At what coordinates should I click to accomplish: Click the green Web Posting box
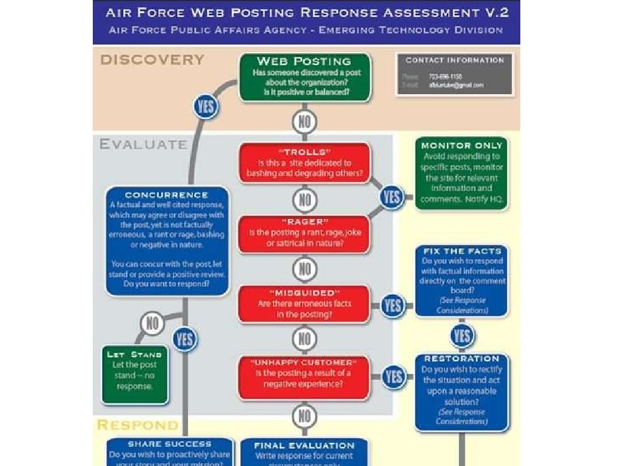tap(304, 77)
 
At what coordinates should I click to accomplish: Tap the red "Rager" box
tap(304, 234)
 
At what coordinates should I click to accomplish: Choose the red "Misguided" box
tap(304, 303)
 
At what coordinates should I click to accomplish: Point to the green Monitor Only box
tap(462, 173)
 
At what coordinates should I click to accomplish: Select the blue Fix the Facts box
tap(462, 281)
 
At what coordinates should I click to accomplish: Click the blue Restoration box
tap(462, 391)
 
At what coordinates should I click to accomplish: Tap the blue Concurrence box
tap(167, 241)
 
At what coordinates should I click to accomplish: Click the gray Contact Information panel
tap(455, 74)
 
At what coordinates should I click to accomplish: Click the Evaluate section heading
tap(143, 144)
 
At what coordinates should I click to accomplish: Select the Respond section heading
tap(138, 425)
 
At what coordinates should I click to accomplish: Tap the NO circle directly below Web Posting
tap(304, 122)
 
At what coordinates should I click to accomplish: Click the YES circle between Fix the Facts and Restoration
tap(462, 336)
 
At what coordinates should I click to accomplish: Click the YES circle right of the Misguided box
tap(393, 305)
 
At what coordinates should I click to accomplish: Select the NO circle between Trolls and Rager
tap(304, 199)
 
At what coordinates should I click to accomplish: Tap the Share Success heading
tap(170, 444)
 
